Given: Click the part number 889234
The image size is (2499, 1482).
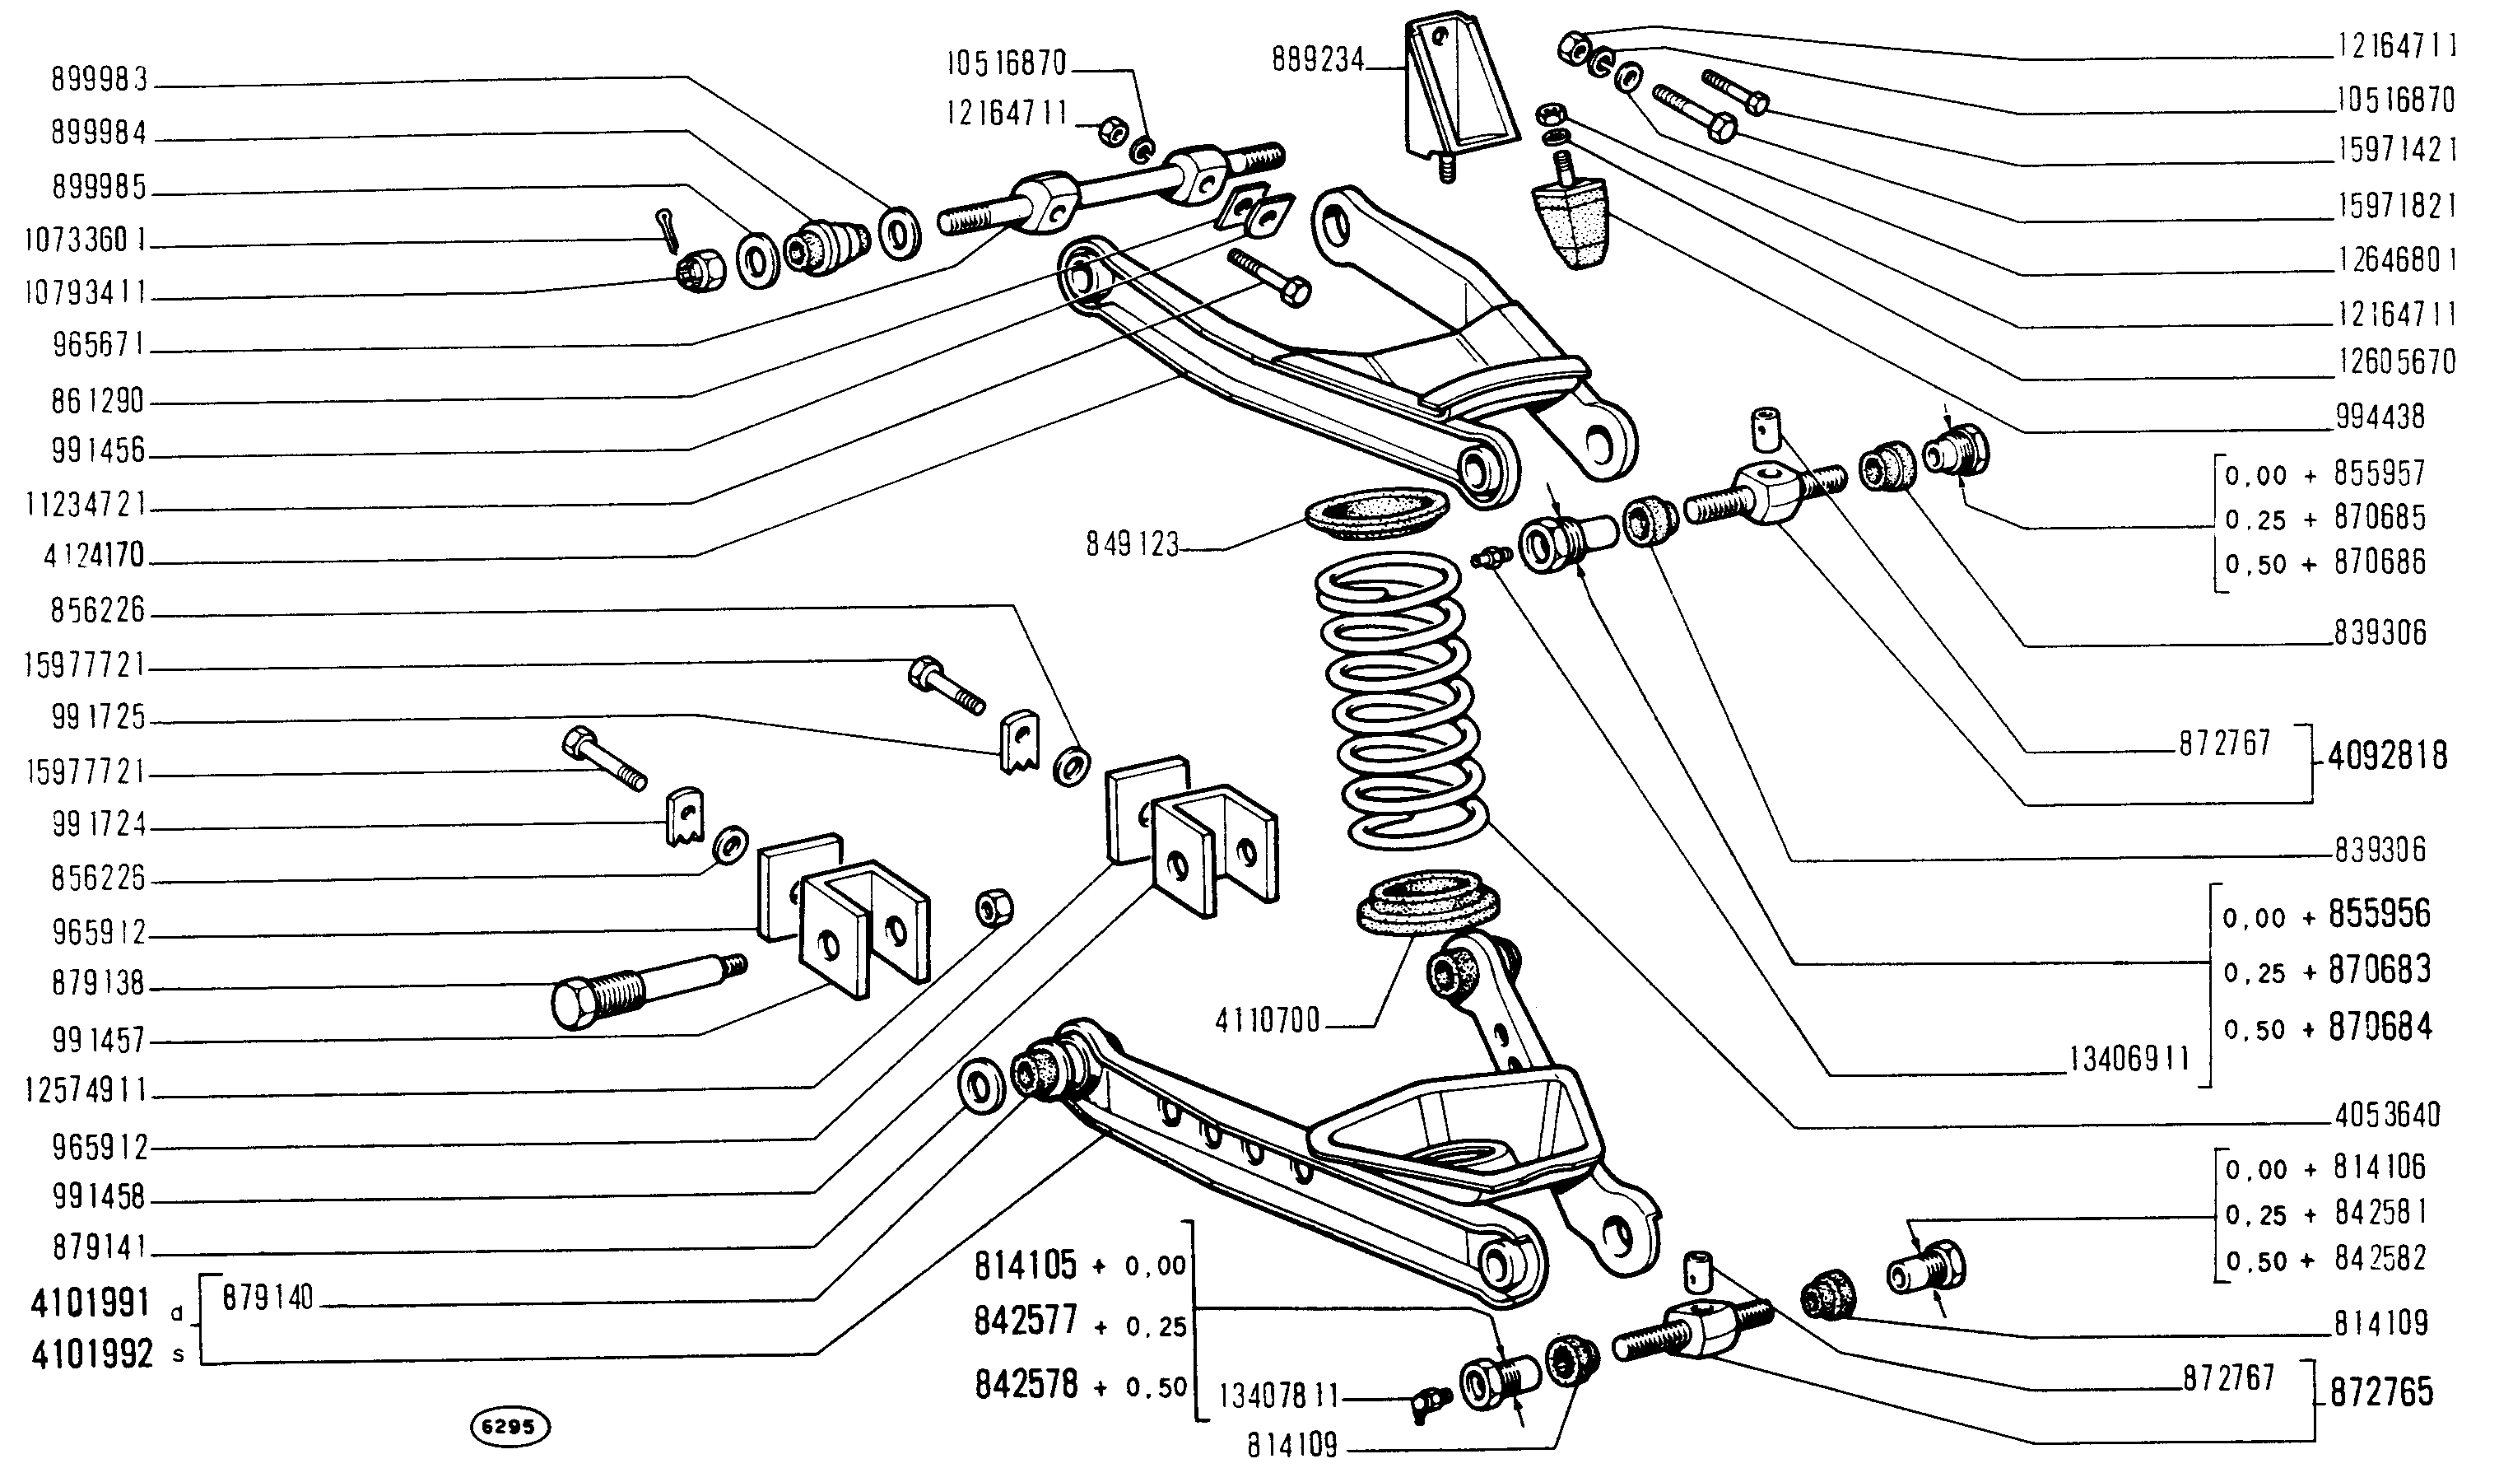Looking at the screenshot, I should coord(1317,61).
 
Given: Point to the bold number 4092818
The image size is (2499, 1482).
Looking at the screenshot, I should coord(2386,755).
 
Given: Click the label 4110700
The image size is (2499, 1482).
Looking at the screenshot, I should coord(1267,1021).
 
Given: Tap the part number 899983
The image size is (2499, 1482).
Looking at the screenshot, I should coord(99,81).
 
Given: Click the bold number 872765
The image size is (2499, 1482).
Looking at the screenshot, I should coord(2381,1392).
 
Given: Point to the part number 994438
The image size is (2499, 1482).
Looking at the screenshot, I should coord(2380,417).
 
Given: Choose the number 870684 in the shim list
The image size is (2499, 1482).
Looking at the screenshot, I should coord(2380,1027).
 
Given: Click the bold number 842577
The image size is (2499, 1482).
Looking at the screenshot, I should coord(1026,1321).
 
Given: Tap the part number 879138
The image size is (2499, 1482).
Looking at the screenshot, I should coord(99,985).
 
